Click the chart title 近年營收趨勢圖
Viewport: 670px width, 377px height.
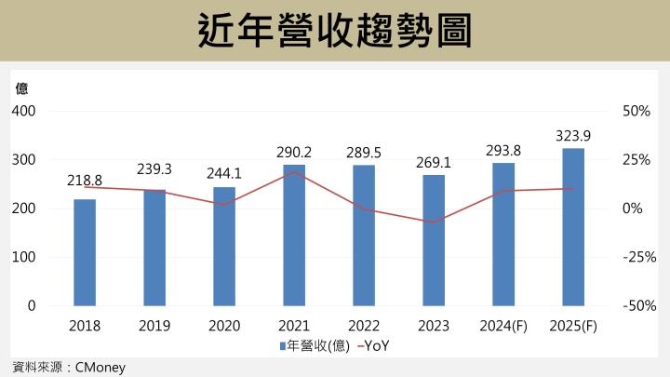[335, 31]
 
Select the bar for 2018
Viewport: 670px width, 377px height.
[85, 252]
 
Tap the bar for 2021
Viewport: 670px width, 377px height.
[294, 235]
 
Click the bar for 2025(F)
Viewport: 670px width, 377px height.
[573, 226]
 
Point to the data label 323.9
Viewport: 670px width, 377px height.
[573, 136]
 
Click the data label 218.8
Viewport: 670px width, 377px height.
[85, 181]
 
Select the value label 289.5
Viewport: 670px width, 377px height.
[364, 150]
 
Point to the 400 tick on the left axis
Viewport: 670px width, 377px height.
[23, 111]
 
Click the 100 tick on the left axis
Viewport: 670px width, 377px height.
[23, 257]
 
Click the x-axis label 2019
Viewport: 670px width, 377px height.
[154, 326]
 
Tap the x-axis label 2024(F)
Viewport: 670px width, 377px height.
[503, 326]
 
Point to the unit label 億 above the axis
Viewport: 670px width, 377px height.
[21, 89]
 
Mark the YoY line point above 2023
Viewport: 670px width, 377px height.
[434, 222]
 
